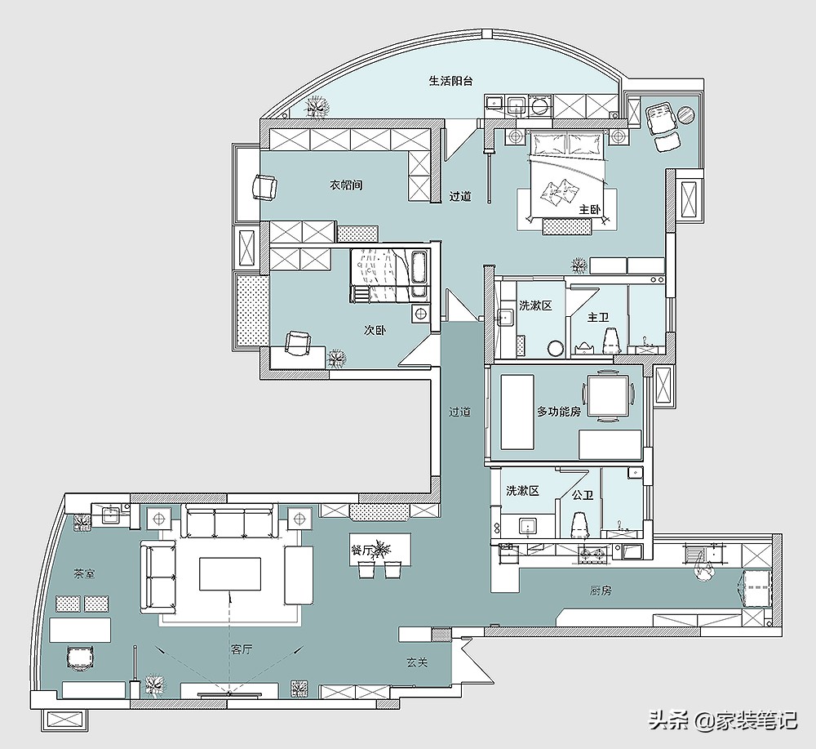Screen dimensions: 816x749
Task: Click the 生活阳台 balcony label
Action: coord(450,81)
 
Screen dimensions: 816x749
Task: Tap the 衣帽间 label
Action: coord(346,185)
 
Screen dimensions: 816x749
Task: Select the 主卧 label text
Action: coord(590,209)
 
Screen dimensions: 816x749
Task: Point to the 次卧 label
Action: coord(375,330)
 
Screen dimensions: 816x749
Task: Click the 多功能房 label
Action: coord(558,412)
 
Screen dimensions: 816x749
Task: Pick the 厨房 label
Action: coord(601,591)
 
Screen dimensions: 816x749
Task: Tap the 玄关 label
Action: coord(417,662)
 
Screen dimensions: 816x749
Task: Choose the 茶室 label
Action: coord(84,573)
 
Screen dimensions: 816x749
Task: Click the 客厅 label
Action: coord(242,649)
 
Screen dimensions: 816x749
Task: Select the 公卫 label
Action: coord(583,494)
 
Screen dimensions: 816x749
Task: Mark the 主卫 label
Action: coord(598,317)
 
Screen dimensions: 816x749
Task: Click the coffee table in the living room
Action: coord(230,573)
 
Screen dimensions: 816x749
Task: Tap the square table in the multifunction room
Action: coord(608,395)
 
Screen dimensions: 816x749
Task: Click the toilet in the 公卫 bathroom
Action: coord(579,525)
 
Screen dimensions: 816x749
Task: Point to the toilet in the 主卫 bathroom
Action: coord(612,340)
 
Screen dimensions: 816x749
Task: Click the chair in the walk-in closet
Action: coord(265,186)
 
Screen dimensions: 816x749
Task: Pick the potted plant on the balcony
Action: coord(317,107)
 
